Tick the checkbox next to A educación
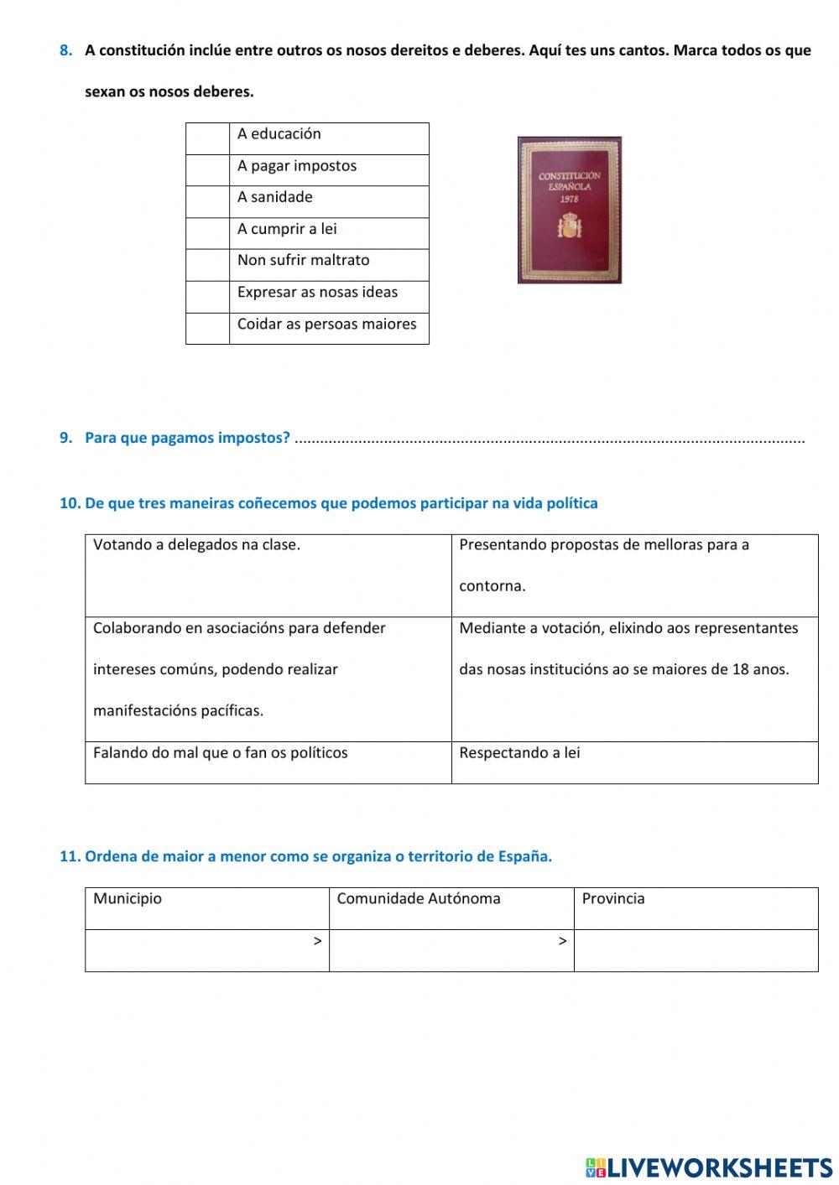pos(207,138)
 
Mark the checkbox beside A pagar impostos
pos(207,170)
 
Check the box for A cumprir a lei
pos(207,233)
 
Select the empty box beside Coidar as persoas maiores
pos(207,329)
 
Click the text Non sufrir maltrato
pos(303,260)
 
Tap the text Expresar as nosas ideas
pos(317,292)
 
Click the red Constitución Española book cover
pos(570,210)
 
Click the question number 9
pos(65,438)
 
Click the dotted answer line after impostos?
pos(550,439)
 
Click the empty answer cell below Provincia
pos(696,950)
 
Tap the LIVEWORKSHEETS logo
pos(709,1167)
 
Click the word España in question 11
pos(525,856)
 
